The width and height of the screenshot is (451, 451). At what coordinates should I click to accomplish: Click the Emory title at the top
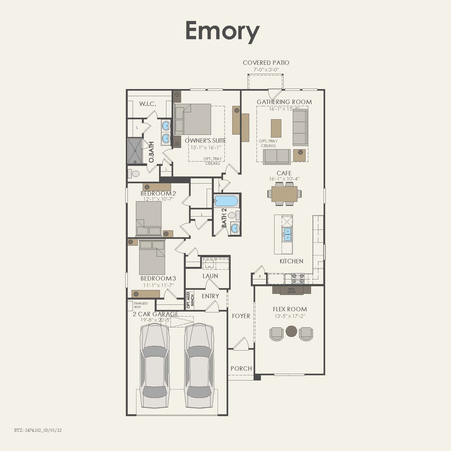(222, 31)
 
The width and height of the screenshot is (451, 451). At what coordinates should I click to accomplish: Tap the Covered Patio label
(266, 63)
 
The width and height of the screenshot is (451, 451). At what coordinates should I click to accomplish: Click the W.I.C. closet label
(148, 104)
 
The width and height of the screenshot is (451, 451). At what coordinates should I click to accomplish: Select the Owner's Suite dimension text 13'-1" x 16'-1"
(206, 147)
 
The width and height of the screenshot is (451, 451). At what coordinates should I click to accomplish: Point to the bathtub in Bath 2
(226, 201)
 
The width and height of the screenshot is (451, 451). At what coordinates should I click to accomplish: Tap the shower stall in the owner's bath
(135, 151)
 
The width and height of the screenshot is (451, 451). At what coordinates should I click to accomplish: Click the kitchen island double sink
(287, 234)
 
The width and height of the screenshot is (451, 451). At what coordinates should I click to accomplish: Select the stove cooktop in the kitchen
(298, 278)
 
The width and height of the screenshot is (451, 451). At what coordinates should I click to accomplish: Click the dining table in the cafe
(284, 194)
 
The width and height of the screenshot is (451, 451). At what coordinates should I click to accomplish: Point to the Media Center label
(291, 290)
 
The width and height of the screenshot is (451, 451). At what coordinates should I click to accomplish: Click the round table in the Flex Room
(291, 331)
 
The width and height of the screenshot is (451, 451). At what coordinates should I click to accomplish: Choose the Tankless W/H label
(141, 305)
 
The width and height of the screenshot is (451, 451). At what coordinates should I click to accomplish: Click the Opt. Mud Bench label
(190, 300)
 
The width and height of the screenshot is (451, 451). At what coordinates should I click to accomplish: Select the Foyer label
(241, 316)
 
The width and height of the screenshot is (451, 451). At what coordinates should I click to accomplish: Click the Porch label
(241, 368)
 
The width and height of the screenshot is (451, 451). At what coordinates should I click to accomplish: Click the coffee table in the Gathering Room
(276, 128)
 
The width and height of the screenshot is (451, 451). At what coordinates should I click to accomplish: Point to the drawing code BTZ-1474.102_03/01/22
(38, 430)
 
